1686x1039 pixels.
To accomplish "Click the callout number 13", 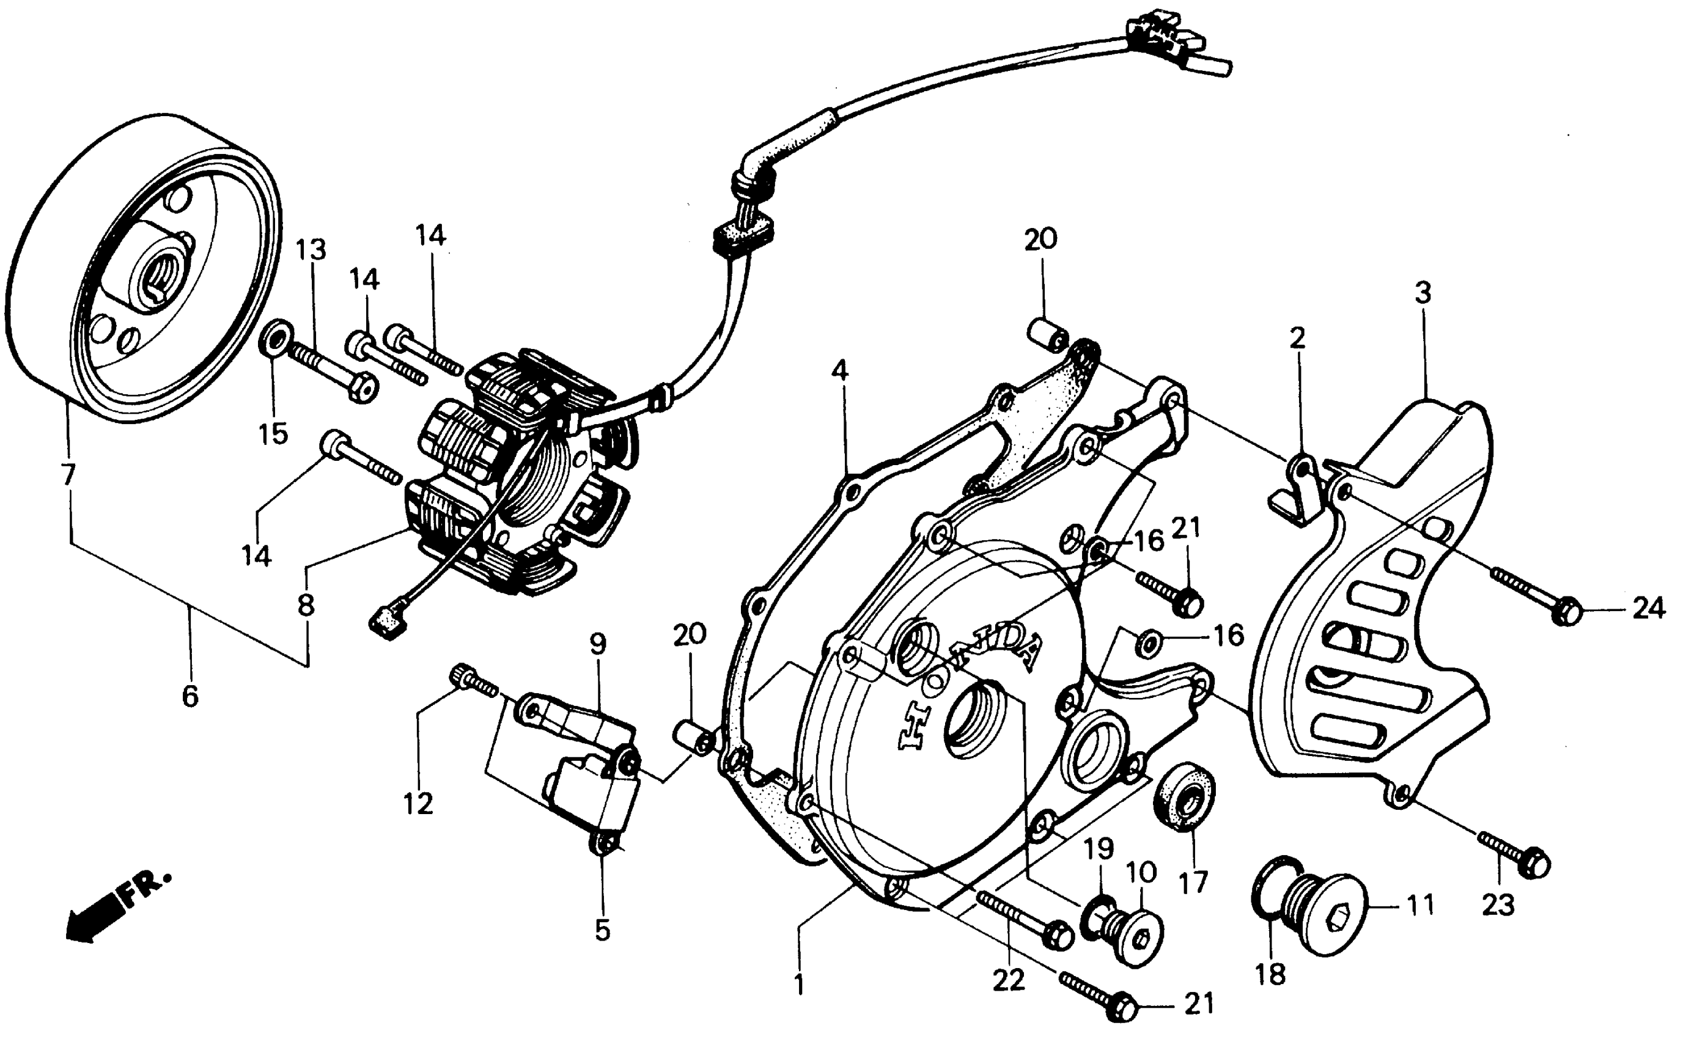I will point(311,250).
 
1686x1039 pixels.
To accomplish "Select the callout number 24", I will point(1648,608).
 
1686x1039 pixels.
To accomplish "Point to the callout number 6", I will point(190,696).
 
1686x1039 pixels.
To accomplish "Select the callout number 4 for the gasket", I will point(839,372).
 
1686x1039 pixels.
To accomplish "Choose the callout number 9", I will point(597,645).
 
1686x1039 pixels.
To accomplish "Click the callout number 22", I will point(1007,979).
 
